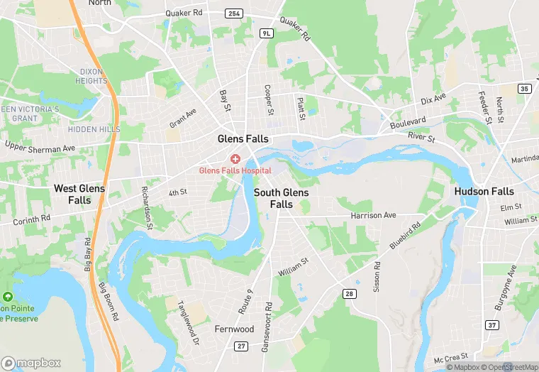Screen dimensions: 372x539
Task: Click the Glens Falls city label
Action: pos(243,139)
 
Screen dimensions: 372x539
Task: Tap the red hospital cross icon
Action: pos(235,158)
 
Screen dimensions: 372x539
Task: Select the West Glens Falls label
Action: pos(79,194)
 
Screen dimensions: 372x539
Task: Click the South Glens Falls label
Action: pos(282,198)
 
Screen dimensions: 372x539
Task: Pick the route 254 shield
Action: pos(233,13)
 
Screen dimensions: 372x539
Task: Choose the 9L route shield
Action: pos(266,33)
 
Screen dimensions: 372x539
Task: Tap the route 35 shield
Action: pos(524,88)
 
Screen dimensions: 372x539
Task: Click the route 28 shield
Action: pos(349,293)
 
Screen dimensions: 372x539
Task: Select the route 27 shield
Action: pos(242,346)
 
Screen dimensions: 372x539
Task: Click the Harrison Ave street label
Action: pos(372,215)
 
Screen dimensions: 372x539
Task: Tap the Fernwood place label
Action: pos(234,329)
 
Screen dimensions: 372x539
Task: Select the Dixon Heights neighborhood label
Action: pos(91,77)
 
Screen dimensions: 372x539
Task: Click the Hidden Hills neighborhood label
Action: pos(94,130)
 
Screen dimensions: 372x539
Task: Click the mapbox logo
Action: pos(31,363)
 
